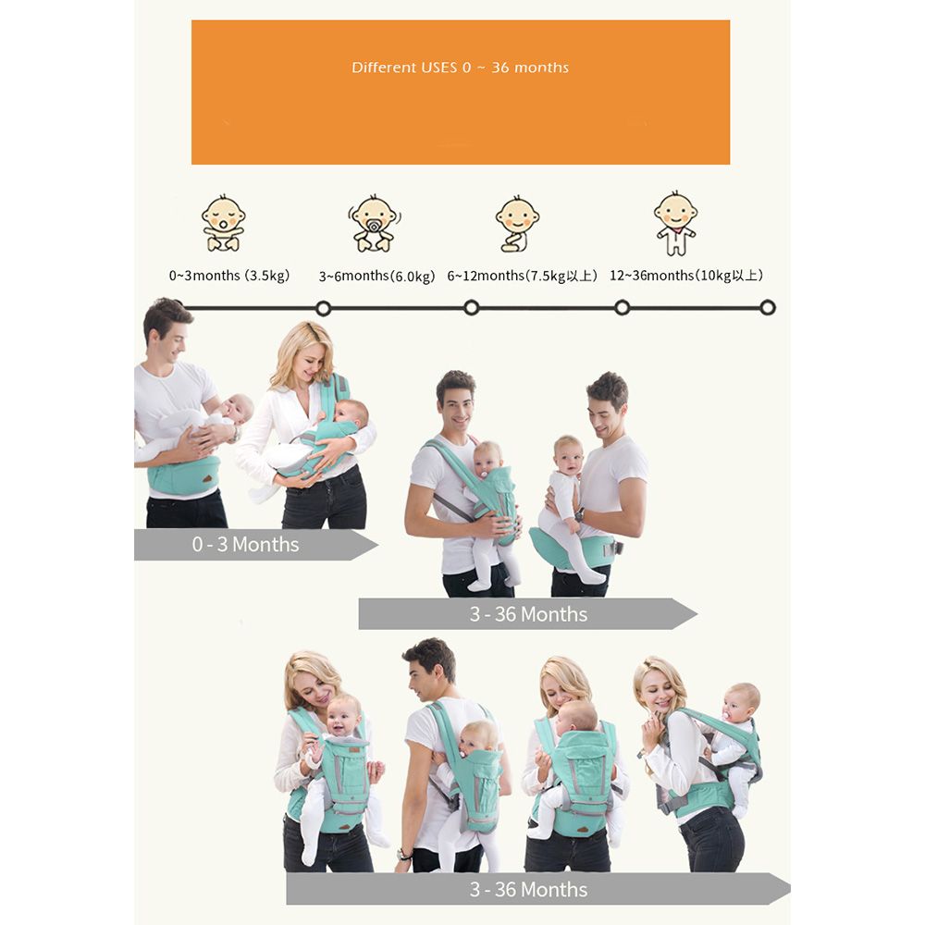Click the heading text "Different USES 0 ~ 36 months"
460,68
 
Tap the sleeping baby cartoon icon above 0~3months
223,223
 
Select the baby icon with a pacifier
374,224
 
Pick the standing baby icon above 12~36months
675,223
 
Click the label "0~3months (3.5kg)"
229,276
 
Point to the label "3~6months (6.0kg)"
377,276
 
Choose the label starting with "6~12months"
522,276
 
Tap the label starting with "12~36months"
686,276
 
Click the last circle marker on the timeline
768,307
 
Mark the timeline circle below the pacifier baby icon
323,308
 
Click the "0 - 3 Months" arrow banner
256,544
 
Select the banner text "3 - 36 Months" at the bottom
528,889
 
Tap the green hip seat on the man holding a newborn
183,475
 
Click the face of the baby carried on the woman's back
738,705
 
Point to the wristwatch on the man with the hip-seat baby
579,514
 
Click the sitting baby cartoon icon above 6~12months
517,224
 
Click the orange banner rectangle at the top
461,92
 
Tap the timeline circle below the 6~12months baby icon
472,307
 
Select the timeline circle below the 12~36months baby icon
623,307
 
